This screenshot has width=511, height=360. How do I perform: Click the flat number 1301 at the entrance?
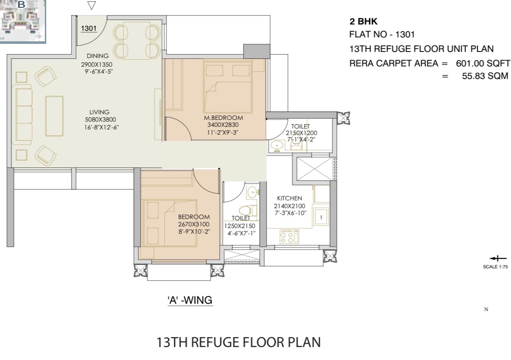tap(89, 28)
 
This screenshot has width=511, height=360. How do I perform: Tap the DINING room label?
tap(98, 56)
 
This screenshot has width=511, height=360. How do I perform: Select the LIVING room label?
tap(99, 112)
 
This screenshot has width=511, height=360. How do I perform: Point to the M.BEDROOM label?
tap(223, 118)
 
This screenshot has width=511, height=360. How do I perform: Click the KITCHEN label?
tap(290, 198)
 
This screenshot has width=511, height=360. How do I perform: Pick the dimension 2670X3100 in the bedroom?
tap(194, 224)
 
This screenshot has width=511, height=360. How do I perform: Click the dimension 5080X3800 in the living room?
tap(101, 120)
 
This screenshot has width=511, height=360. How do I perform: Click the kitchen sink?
tap(321, 216)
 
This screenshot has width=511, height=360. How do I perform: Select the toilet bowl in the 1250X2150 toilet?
tap(247, 210)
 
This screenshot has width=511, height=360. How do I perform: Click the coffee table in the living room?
tap(55, 116)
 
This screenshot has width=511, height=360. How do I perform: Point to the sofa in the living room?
tap(22, 115)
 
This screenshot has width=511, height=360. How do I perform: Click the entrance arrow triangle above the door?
tap(91, 6)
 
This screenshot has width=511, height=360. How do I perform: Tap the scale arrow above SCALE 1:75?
tap(498, 259)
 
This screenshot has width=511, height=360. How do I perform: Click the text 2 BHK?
tap(363, 22)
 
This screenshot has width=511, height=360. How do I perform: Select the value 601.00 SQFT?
tap(483, 63)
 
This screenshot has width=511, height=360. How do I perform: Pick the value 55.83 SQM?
tap(485, 76)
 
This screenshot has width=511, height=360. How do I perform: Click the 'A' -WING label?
tap(190, 300)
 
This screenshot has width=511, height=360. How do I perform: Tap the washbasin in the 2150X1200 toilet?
tap(277, 146)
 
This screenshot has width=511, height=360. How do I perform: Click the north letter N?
tap(486, 309)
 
